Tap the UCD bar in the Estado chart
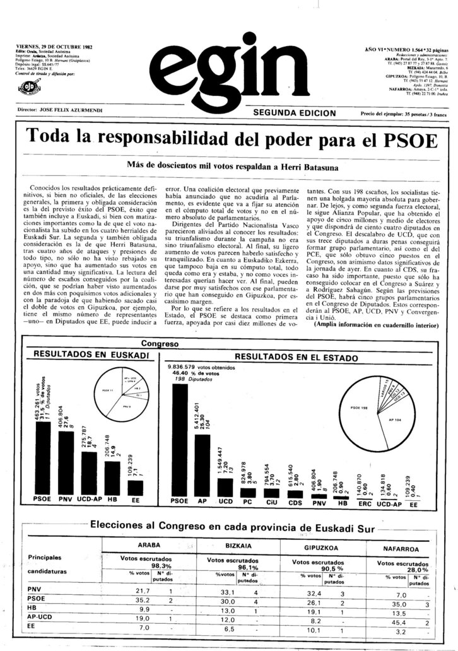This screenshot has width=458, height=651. coord(225,486)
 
